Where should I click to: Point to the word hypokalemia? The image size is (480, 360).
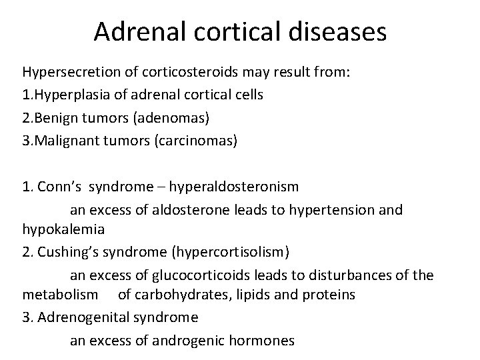coord(63,229)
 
